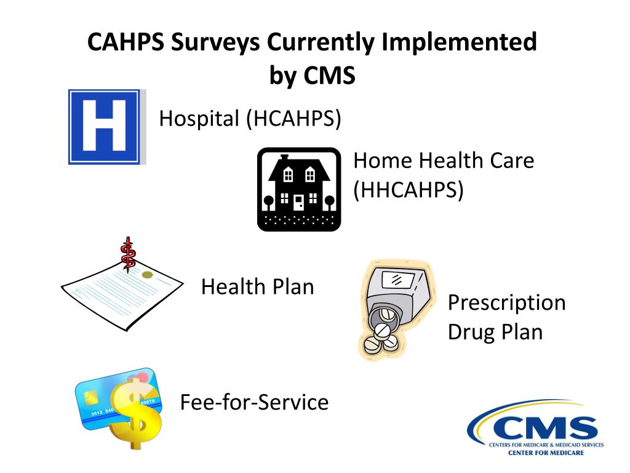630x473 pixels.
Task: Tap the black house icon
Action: pos(298,190)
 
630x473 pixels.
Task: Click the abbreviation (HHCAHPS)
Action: pos(408,190)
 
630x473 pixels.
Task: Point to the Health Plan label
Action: pos(257,286)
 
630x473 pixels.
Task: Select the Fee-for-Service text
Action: pos(254,402)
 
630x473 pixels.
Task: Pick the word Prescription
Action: pos(506,302)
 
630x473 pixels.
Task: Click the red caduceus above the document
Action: pos(128,255)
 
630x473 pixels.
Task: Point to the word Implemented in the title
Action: pos(458,42)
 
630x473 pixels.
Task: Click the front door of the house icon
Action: pos(298,202)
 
